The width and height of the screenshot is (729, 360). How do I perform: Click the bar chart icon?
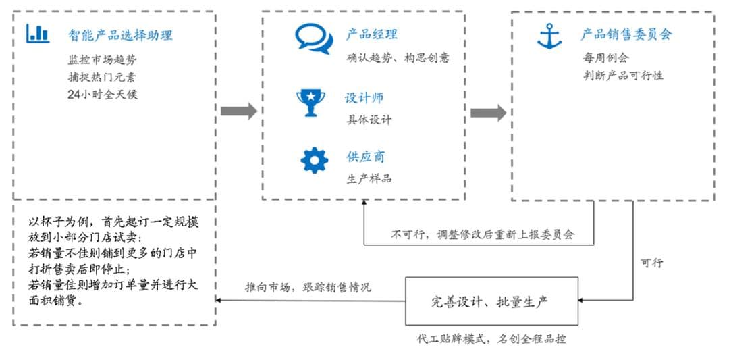tap(38, 33)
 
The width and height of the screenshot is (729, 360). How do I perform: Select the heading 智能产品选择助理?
tap(120, 34)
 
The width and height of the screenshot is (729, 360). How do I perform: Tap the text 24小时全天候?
tap(102, 94)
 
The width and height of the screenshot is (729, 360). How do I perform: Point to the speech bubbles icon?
tap(314, 38)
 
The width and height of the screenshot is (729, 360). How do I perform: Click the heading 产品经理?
tap(372, 34)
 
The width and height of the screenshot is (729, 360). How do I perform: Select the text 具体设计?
tap(369, 120)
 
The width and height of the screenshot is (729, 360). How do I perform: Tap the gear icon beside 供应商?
tap(314, 159)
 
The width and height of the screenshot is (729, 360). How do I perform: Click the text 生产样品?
tap(369, 178)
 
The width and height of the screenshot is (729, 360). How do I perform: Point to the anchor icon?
tap(549, 36)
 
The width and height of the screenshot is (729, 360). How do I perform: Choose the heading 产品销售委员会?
tap(626, 34)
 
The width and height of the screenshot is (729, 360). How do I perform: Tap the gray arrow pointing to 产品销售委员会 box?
tap(488, 113)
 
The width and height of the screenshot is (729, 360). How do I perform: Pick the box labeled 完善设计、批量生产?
tap(491, 301)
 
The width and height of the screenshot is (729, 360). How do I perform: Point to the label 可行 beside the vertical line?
tap(651, 263)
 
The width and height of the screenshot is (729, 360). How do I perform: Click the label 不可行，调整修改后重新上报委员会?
tap(483, 235)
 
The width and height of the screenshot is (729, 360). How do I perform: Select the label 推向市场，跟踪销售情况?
tap(308, 286)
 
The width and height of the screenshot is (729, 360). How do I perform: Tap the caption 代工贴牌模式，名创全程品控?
tap(491, 338)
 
